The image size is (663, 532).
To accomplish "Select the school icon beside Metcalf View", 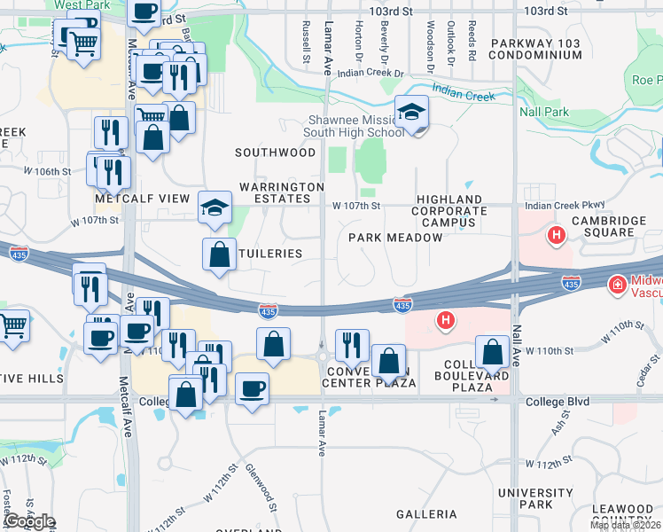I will pos(214,207).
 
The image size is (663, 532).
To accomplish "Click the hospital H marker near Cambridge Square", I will pos(556,236).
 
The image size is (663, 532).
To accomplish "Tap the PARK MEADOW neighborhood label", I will pos(383,238).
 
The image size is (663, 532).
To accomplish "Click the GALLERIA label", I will pos(426,514).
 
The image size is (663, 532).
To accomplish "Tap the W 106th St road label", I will pos(47,171).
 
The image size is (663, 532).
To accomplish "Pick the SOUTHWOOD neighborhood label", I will pos(275,153).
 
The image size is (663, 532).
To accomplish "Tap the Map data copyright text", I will pos(625,526).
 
